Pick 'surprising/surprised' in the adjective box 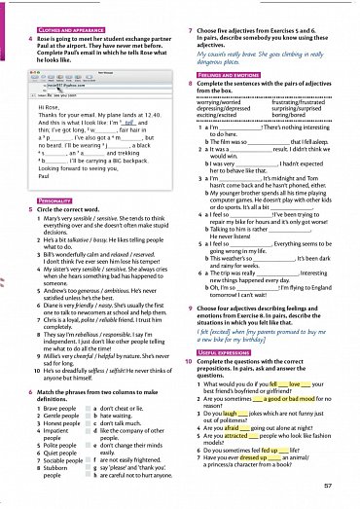click(x=303, y=109)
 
